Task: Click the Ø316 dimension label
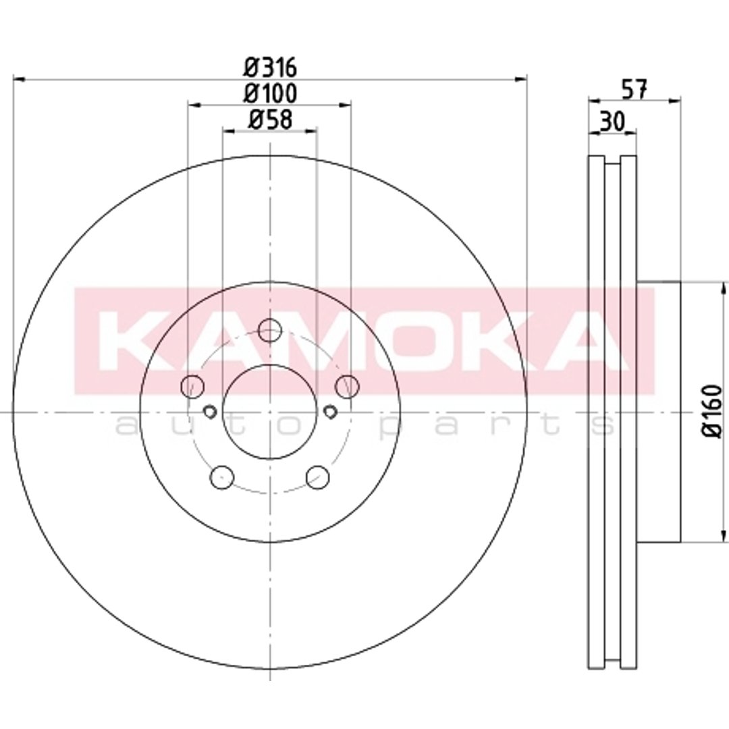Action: coord(270,68)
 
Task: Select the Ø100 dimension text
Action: coord(270,93)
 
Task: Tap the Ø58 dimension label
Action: coord(270,119)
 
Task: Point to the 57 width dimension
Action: coord(634,89)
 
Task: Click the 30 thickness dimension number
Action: coord(612,122)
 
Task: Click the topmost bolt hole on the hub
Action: coord(269,331)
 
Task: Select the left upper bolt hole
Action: coord(192,386)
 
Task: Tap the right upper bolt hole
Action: coord(348,386)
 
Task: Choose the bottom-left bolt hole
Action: coord(222,477)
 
